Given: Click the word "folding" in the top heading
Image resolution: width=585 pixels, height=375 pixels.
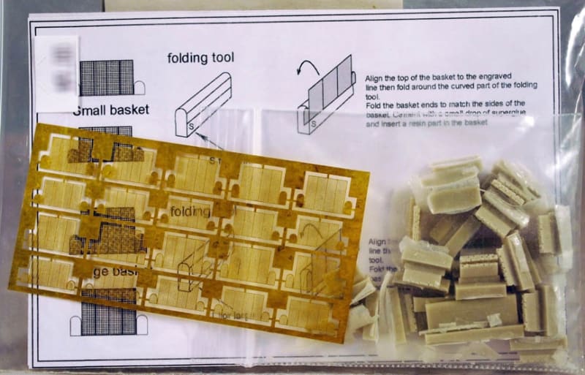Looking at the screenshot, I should [189, 58].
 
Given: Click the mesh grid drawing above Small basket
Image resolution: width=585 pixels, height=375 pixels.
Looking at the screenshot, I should [106, 77].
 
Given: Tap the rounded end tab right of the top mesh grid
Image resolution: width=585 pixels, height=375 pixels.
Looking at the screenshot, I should [139, 88].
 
